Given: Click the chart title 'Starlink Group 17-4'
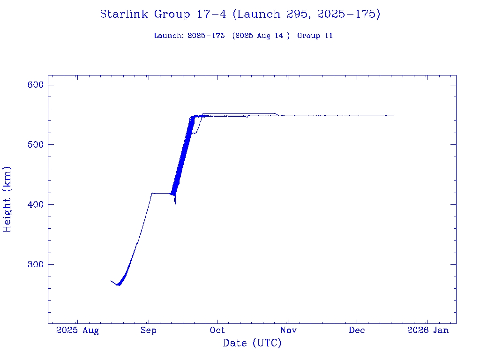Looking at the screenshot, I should click(x=163, y=14).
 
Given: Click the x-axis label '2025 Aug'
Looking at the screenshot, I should click(x=77, y=330).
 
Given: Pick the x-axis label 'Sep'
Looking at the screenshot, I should click(x=148, y=330).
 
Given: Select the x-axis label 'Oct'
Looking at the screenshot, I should click(x=217, y=330).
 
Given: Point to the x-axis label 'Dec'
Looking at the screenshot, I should click(x=357, y=330).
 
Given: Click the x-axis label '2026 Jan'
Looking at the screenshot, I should click(x=427, y=330).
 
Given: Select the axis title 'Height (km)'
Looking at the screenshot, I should click(x=7, y=199).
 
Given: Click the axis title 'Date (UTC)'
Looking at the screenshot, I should click(x=252, y=344).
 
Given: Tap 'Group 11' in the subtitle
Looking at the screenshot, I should click(x=315, y=36).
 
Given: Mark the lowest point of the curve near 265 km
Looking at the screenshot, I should click(x=119, y=285).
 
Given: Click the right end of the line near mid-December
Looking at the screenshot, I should click(x=394, y=115).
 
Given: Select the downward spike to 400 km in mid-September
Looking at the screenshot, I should click(x=175, y=204).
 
